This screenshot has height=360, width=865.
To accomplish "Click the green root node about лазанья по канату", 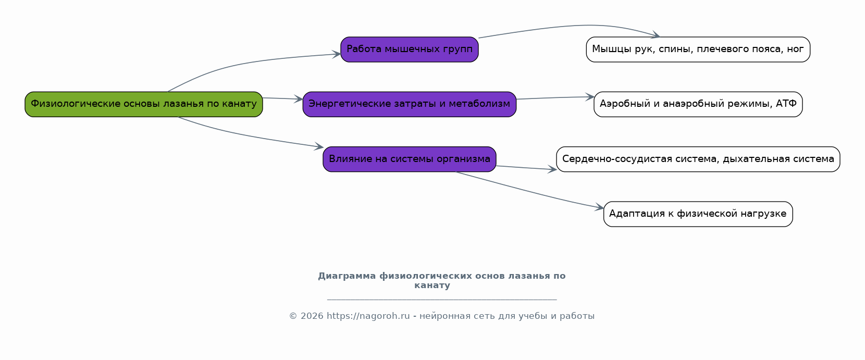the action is [144, 104].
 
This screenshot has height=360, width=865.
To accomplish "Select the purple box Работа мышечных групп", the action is [410, 49].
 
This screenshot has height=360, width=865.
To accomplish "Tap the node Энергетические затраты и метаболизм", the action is [410, 104].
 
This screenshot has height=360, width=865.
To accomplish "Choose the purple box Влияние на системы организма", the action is [410, 159].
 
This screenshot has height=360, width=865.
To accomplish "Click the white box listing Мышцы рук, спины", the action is [698, 49].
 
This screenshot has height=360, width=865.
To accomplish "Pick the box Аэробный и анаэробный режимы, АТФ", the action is [698, 104].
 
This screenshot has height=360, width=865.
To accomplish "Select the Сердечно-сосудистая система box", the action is [698, 159].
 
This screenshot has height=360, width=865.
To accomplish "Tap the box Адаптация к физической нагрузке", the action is [698, 214].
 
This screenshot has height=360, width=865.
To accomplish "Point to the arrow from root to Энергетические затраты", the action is [282, 98].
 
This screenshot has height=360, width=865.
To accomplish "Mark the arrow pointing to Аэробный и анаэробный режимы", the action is [555, 98].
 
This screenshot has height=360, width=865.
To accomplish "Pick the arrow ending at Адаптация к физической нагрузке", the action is [529, 191].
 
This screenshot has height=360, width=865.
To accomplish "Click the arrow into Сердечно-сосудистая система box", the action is [526, 168].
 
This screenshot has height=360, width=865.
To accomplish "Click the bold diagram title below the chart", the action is [441, 280].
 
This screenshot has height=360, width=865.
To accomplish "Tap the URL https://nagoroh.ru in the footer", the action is [368, 316].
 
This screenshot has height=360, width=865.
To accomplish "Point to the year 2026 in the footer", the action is [312, 316].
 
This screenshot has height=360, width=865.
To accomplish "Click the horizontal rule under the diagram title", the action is [442, 300].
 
